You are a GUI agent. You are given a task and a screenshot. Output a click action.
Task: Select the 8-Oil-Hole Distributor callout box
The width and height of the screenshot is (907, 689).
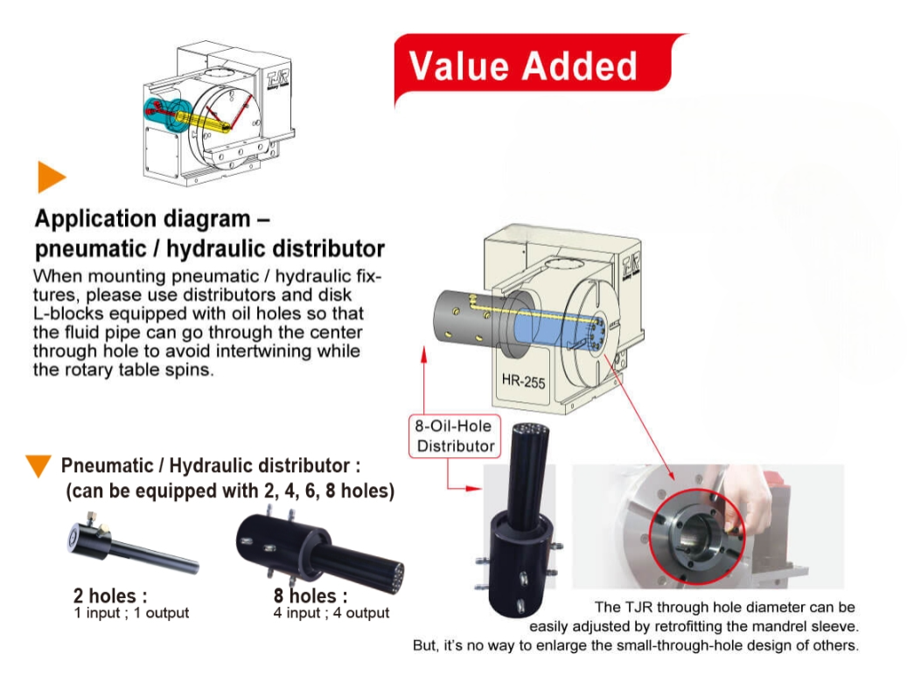tap(455, 436)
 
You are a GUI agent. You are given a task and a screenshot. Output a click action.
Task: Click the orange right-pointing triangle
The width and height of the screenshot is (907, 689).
tap(51, 177)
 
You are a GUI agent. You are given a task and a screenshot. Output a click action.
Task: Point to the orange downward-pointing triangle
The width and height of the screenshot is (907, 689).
tap(38, 466)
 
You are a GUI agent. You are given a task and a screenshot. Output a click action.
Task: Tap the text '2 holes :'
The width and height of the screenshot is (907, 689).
tap(104, 596)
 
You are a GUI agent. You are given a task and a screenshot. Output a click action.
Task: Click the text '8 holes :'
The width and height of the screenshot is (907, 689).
tap(310, 596)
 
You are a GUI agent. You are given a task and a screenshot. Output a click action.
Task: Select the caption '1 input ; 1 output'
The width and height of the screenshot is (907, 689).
tap(131, 613)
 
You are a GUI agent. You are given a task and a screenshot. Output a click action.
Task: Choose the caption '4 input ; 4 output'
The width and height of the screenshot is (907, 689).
tap(331, 613)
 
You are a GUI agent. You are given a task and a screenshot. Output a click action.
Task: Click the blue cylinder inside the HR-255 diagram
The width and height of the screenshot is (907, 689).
tap(542, 316)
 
